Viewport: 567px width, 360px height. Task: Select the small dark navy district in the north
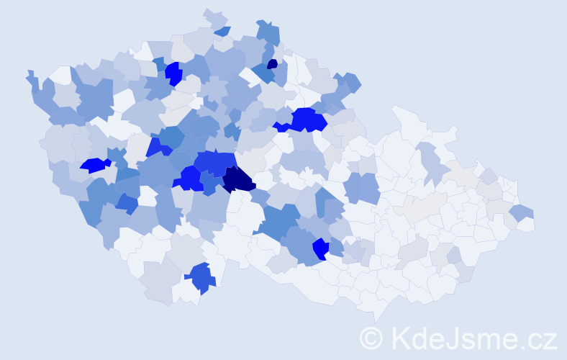pos(272,64)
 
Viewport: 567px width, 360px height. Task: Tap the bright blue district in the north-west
pos(173,72)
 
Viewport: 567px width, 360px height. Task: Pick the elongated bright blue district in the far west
pos(94,165)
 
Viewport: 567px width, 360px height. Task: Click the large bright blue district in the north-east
pos(306,120)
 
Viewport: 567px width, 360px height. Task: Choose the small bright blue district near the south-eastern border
pos(320,249)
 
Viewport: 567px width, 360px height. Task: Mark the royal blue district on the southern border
pos(201,277)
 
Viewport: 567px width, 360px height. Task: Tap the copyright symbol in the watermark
pos(371,337)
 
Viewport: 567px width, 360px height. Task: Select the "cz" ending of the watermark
pos(541,338)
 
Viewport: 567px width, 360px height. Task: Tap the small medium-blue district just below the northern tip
pos(222,32)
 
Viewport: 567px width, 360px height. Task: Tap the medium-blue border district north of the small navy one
pos(269,34)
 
